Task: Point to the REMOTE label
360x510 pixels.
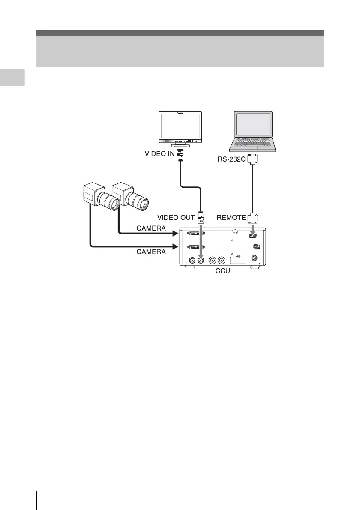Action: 231,218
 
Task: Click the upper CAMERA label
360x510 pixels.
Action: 151,229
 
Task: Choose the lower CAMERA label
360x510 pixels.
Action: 151,252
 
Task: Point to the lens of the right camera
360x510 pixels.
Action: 139,200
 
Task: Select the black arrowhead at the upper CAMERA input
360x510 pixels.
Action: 175,234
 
